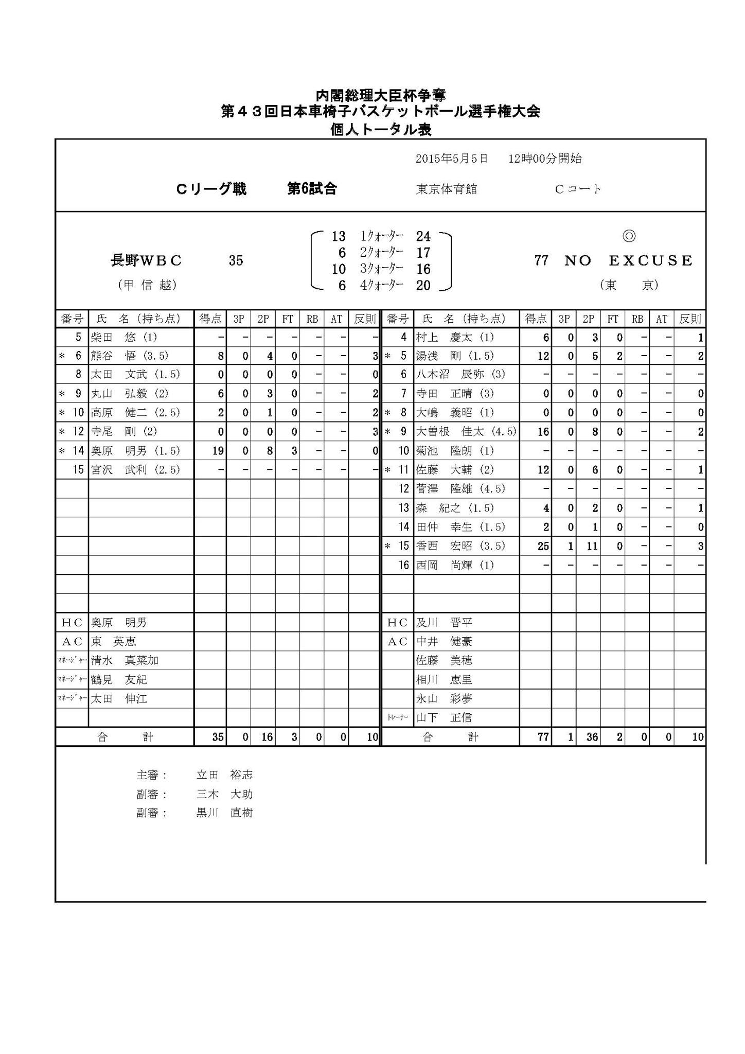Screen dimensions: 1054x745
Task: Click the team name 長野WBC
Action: pyautogui.click(x=147, y=260)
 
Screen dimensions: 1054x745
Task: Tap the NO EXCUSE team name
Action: pyautogui.click(x=628, y=260)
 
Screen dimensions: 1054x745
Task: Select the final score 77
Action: pyautogui.click(x=541, y=260)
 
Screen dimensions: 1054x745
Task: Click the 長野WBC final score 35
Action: pyautogui.click(x=236, y=260)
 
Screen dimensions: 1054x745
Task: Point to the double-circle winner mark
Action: pyautogui.click(x=629, y=236)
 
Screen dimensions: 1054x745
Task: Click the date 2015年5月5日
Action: pyautogui.click(x=452, y=159)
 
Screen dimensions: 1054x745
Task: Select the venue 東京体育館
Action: pyautogui.click(x=447, y=189)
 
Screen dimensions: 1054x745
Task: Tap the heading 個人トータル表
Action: pyautogui.click(x=381, y=130)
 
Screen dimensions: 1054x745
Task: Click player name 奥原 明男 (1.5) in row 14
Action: pyautogui.click(x=135, y=451)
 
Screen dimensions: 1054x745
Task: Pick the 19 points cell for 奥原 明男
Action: pyautogui.click(x=218, y=451)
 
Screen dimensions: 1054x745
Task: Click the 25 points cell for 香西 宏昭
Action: pyautogui.click(x=543, y=546)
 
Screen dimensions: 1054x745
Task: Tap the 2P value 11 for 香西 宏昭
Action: pyautogui.click(x=592, y=546)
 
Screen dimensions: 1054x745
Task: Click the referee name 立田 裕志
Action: pyautogui.click(x=224, y=775)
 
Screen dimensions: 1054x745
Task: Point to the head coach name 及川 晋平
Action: pyautogui.click(x=444, y=622)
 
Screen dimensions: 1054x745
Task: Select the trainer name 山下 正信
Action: pyautogui.click(x=444, y=717)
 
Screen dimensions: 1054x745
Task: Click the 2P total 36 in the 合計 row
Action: pyautogui.click(x=592, y=737)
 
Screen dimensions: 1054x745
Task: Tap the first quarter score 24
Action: pyautogui.click(x=423, y=236)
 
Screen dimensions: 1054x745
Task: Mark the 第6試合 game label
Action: pyautogui.click(x=312, y=189)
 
